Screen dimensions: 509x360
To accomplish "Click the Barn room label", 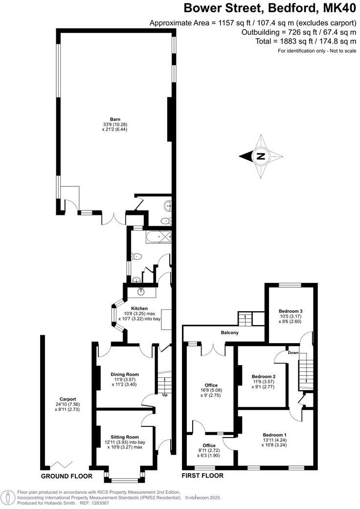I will click(x=115, y=119).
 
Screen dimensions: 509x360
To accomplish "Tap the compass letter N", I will click(x=261, y=157).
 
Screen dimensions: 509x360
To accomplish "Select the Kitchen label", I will click(x=139, y=308).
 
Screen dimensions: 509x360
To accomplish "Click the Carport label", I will click(x=65, y=398).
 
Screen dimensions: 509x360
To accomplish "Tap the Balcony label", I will click(x=230, y=333).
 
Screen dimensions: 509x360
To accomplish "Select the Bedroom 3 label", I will click(x=291, y=311).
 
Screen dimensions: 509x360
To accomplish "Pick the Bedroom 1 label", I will click(x=274, y=435).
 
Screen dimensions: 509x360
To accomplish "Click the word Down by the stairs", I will click(x=293, y=352).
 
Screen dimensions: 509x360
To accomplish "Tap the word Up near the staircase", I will click(x=165, y=395).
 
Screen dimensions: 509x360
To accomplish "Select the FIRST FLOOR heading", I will click(x=202, y=476).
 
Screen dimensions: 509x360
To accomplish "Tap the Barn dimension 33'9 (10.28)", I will click(x=115, y=124).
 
